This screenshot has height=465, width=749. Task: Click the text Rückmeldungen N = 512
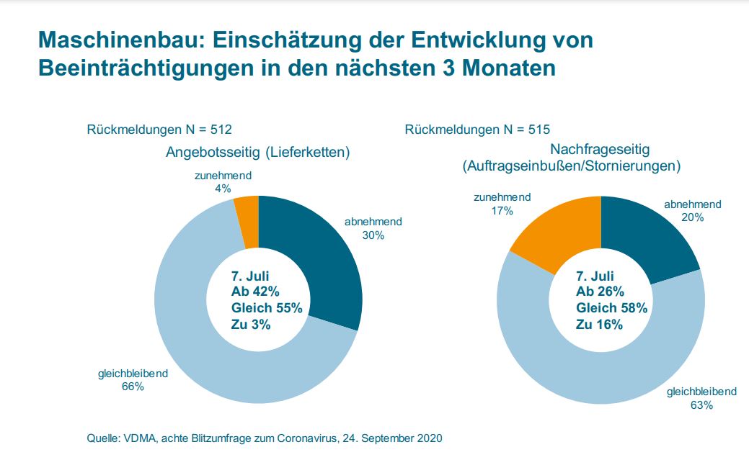coord(159,130)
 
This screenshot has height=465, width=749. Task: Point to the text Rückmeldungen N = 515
coord(477,130)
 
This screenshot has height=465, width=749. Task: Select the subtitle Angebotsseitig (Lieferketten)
coord(257,152)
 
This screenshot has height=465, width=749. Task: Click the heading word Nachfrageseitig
coord(600,150)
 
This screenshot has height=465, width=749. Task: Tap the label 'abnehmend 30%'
coord(373,228)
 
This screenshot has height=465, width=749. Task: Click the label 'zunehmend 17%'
coord(502,204)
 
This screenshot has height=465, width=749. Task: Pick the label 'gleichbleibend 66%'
coord(133,380)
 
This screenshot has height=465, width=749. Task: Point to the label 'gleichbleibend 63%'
coord(701,398)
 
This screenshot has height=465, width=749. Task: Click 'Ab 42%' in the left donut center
coord(254,292)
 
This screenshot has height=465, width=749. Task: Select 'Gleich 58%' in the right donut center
coord(611,308)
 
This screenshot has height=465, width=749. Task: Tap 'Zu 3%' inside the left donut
coord(250,325)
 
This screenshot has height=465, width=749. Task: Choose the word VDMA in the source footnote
coord(138,438)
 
